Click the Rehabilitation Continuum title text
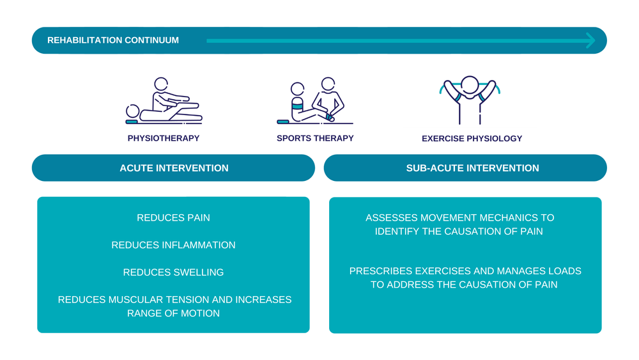113,40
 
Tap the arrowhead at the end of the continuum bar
590,40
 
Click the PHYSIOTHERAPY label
164,138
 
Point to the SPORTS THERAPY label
315,138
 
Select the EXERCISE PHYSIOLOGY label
472,139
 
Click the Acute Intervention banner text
174,168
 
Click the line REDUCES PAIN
173,218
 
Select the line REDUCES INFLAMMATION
173,245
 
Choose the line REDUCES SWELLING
173,272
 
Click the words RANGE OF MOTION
173,313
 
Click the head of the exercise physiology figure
470,85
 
